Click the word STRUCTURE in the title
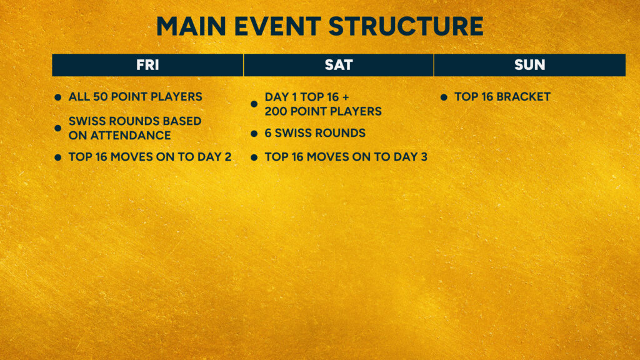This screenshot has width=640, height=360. pyautogui.click(x=406, y=26)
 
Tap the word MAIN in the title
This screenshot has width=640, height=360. pyautogui.click(x=191, y=26)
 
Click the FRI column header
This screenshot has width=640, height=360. pyautogui.click(x=147, y=65)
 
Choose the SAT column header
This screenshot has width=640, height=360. pyautogui.click(x=338, y=65)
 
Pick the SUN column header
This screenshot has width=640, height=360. pyautogui.click(x=530, y=65)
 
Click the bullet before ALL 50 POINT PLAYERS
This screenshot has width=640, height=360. pyautogui.click(x=58, y=97)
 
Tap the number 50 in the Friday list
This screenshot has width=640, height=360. pyautogui.click(x=101, y=97)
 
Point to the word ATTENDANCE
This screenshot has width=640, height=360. pyautogui.click(x=131, y=136)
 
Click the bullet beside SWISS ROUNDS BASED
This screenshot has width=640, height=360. pyautogui.click(x=58, y=128)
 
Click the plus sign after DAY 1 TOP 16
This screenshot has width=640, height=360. pyautogui.click(x=346, y=97)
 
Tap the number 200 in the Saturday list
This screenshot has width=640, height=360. pyautogui.click(x=276, y=111)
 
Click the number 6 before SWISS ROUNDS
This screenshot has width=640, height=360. pyautogui.click(x=268, y=133)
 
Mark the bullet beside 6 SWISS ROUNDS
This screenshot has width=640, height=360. pyautogui.click(x=254, y=134)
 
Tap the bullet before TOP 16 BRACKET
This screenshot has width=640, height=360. pyautogui.click(x=444, y=97)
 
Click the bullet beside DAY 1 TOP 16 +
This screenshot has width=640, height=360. pyautogui.click(x=254, y=104)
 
